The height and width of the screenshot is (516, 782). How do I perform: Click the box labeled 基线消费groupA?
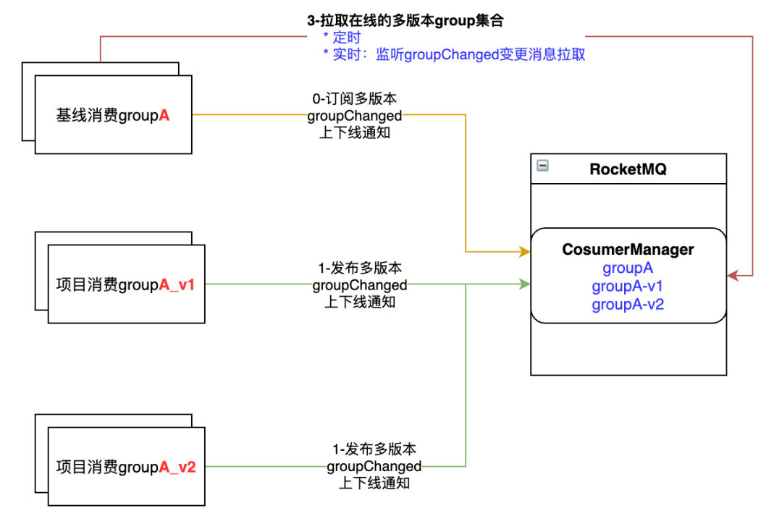[113, 114]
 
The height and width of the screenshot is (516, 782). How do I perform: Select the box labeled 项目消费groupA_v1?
[126, 285]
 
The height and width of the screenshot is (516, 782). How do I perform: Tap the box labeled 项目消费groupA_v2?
[126, 467]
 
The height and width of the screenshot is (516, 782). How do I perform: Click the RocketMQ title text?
[628, 169]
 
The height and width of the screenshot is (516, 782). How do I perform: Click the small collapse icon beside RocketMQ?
[542, 166]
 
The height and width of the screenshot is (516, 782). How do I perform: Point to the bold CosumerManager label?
[628, 250]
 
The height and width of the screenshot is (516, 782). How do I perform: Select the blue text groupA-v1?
[628, 286]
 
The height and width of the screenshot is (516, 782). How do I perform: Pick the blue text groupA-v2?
[628, 304]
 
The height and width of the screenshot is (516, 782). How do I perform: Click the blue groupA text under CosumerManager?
[628, 268]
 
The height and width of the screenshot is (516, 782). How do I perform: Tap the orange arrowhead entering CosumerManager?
[525, 252]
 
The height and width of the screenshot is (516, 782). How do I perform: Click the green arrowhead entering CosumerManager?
[525, 285]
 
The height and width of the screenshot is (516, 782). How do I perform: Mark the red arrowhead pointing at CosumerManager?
[733, 276]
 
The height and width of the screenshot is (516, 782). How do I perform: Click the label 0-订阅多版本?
[355, 98]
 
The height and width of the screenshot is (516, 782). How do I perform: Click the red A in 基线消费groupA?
[164, 114]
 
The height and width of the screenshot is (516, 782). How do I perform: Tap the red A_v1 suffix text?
[177, 285]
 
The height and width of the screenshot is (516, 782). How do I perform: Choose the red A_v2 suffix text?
[177, 467]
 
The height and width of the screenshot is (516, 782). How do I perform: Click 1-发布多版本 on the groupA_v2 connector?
[374, 449]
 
